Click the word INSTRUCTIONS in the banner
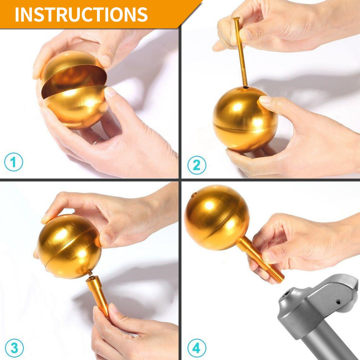[81, 14]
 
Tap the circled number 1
[13, 162]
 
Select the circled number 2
[197, 165]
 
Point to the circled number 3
[13, 347]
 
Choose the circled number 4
[197, 347]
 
